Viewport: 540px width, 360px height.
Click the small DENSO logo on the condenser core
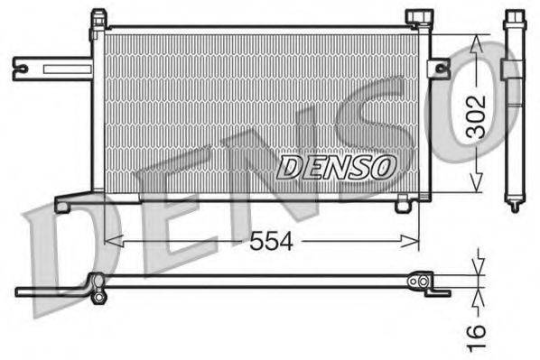coord(337,166)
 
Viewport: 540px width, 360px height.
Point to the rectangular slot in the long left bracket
coord(60,68)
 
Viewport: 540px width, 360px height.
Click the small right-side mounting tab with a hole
coord(439,68)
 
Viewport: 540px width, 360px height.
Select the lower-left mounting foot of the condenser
coord(63,205)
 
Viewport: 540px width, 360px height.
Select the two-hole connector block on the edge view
coord(419,282)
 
